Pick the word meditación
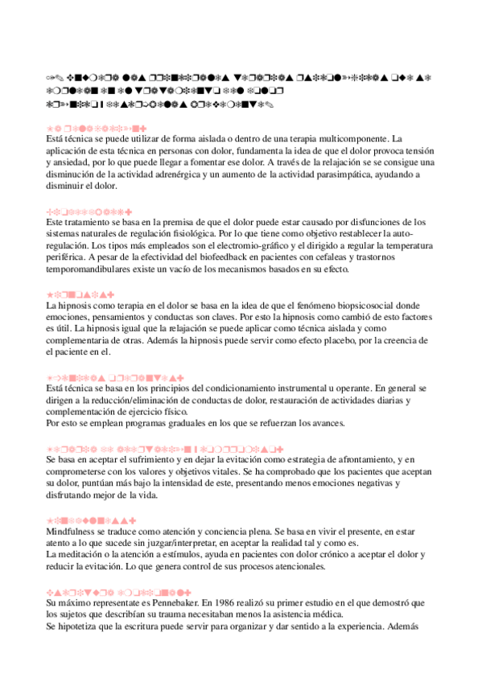tap(84, 556)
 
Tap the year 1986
tap(221, 602)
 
